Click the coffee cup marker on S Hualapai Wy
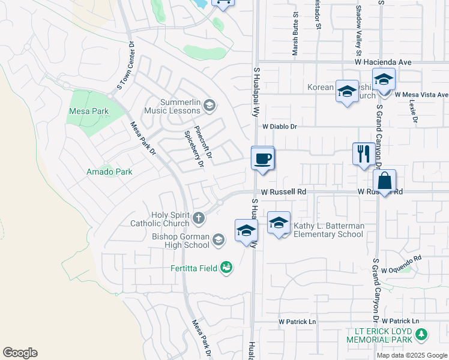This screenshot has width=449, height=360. [262, 159]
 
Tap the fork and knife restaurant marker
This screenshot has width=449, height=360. [364, 154]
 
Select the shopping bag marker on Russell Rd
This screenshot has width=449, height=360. [384, 181]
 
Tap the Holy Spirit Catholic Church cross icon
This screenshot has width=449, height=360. [199, 218]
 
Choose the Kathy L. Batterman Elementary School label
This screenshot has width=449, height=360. [328, 230]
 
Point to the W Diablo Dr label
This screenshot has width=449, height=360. [280, 127]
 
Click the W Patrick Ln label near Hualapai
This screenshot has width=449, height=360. [297, 322]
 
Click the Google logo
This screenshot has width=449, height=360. [20, 353]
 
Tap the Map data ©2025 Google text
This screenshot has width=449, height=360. [411, 355]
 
